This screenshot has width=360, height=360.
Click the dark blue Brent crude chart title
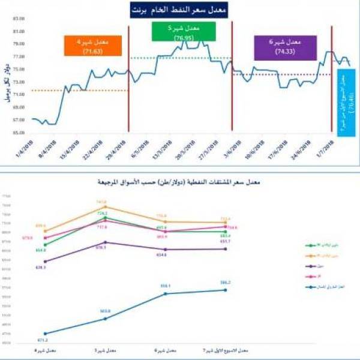[x=179, y=10]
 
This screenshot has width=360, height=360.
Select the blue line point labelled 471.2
[x=46, y=334]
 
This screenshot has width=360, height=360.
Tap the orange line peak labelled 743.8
[x=106, y=207]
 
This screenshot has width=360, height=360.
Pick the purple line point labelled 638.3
[x=46, y=261]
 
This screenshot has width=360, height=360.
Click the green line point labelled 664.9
[x=46, y=244]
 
